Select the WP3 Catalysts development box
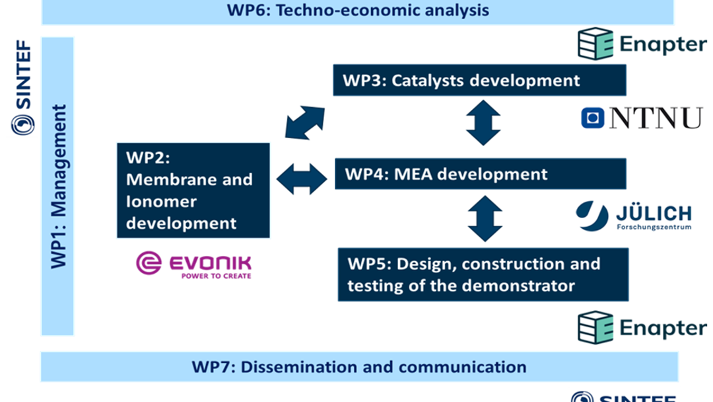(479, 81)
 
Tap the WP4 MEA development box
(479, 175)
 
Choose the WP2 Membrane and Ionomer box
(193, 190)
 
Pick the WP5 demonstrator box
(483, 275)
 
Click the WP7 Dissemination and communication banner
(359, 367)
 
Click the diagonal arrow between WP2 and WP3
(305, 122)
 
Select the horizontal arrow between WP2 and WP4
(302, 179)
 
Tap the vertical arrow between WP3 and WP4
(483, 123)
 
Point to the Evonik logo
(193, 264)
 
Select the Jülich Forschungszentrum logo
(633, 216)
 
